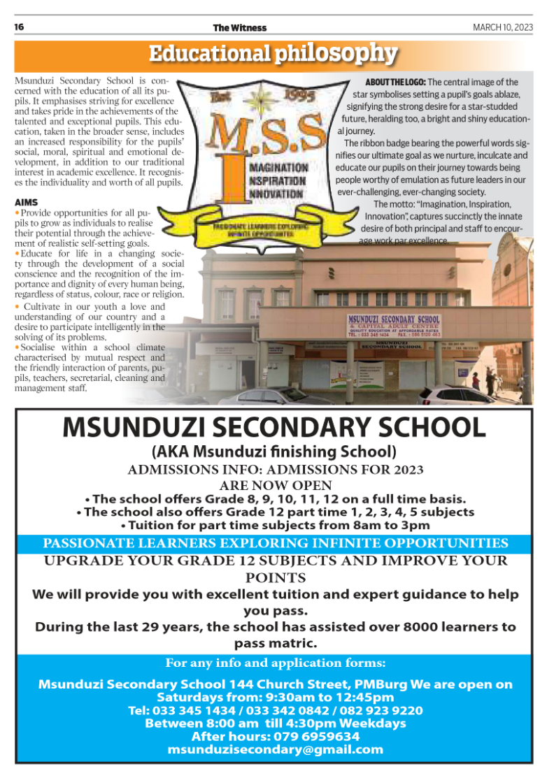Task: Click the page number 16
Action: pos(20,27)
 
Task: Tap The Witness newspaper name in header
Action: pos(239,28)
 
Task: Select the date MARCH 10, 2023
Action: pos(502,27)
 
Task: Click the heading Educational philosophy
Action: pos(273,54)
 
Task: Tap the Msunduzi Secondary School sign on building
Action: pos(394,324)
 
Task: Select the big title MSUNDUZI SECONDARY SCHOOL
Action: pos(273,427)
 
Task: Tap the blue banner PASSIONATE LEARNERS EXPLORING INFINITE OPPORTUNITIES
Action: pos(273,543)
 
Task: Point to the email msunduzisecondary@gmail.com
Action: pos(275,749)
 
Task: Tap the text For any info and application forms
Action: pos(275,663)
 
